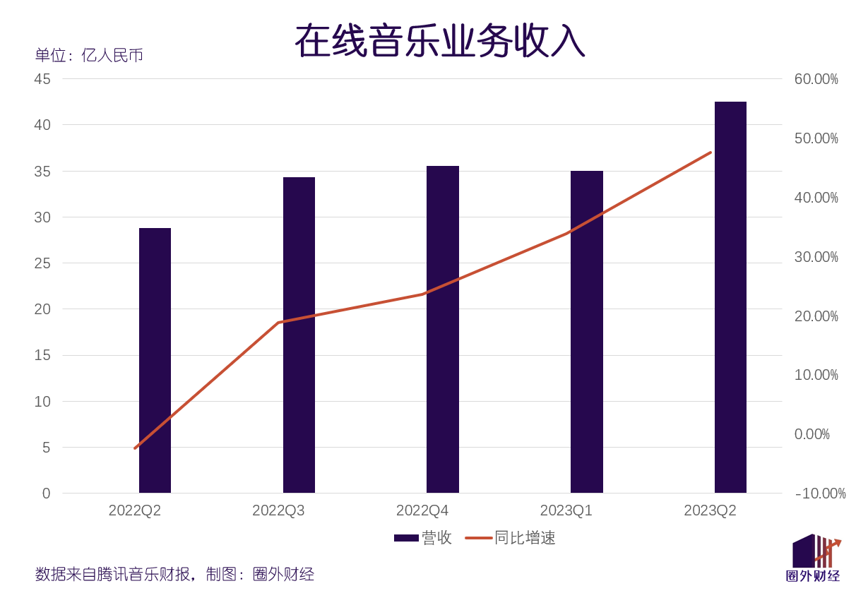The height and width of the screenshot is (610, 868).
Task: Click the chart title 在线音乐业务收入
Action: tap(439, 41)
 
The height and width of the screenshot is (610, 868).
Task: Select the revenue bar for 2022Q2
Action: tap(155, 360)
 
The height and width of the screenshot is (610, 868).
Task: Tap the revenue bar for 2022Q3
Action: tap(299, 335)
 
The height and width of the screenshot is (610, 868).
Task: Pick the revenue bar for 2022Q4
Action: tap(443, 329)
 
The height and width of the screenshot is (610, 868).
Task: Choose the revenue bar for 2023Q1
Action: tap(587, 332)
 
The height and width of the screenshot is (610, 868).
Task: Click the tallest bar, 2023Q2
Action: tap(730, 297)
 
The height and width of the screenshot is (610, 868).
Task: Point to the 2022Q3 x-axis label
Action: tap(278, 510)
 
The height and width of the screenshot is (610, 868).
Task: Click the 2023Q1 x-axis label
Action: tap(566, 510)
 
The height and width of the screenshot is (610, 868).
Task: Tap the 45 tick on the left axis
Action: tap(42, 79)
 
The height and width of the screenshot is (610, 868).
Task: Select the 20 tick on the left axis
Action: tap(42, 309)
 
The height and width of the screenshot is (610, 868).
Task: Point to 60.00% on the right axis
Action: tap(816, 79)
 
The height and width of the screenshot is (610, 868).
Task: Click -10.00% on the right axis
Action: tap(820, 494)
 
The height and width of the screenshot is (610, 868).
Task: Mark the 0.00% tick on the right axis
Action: tap(811, 434)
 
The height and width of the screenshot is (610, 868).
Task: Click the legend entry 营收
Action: tap(423, 538)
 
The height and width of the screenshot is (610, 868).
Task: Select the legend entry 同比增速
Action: tap(511, 538)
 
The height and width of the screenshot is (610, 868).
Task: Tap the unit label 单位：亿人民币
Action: tap(89, 55)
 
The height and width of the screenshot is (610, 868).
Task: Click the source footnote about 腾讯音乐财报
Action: tap(174, 574)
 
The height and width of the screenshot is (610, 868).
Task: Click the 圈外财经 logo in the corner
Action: tap(814, 559)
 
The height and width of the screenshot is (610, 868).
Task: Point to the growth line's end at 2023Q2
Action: tap(711, 152)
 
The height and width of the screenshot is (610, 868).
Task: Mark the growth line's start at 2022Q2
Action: tap(135, 448)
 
